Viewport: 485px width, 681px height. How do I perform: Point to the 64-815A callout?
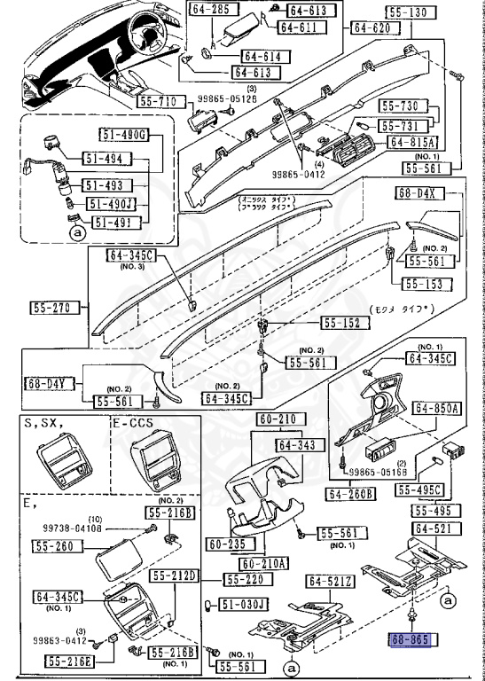(411, 142)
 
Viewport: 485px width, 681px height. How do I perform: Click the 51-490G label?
(122, 134)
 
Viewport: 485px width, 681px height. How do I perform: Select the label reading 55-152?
(340, 324)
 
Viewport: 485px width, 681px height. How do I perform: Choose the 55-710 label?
(162, 102)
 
